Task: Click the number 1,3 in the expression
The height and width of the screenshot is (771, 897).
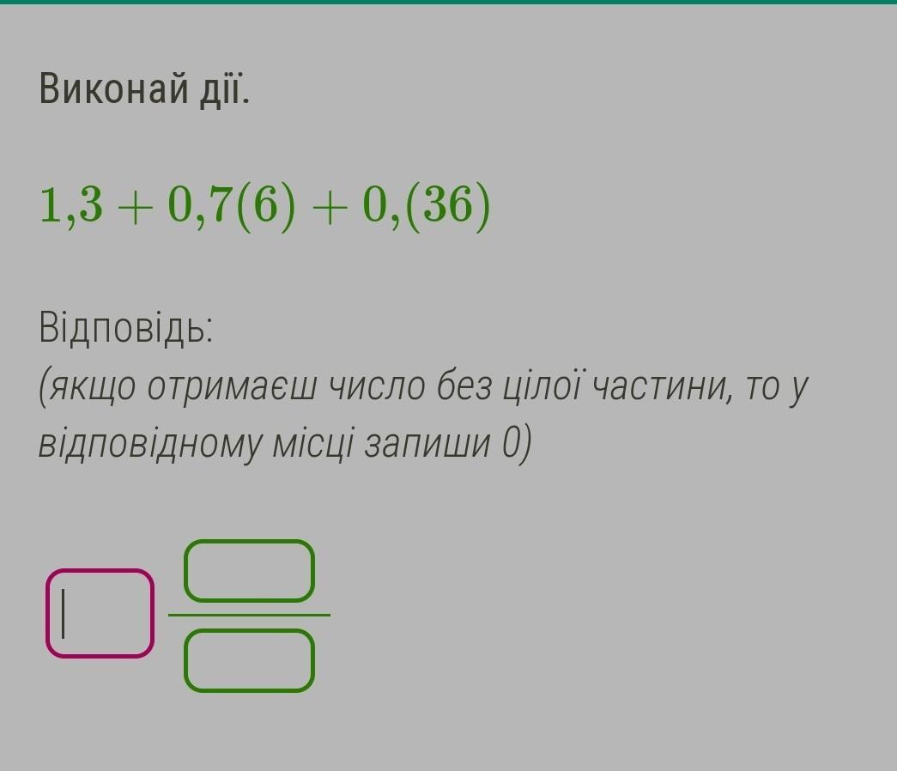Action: click(x=71, y=205)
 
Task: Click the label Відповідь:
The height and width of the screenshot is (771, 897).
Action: click(x=126, y=328)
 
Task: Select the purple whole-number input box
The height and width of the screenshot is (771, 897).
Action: click(x=100, y=614)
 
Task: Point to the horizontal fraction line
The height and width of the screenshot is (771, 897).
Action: click(x=250, y=616)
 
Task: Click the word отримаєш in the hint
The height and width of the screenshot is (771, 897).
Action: click(x=231, y=387)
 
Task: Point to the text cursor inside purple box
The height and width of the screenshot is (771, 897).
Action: click(x=63, y=614)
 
